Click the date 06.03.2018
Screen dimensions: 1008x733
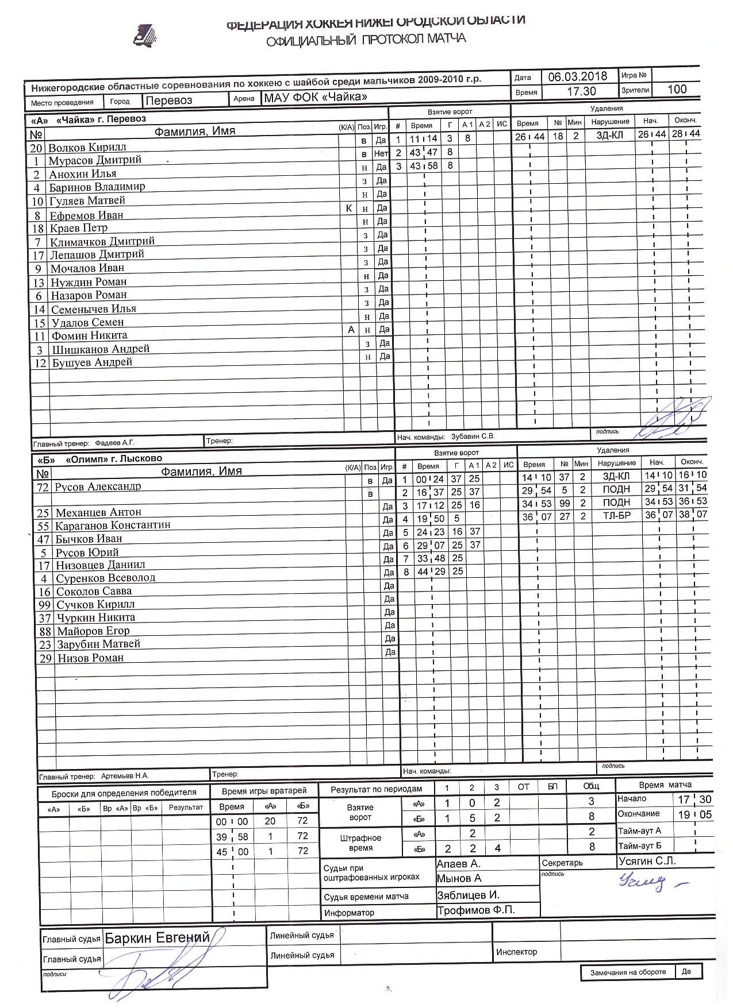[x=577, y=76]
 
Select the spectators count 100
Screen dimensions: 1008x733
[x=677, y=89]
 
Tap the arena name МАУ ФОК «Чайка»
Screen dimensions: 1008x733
[x=314, y=97]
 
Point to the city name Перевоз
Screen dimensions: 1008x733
[x=168, y=100]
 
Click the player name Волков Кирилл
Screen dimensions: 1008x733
[x=87, y=147]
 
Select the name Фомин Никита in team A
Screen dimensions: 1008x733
[x=89, y=335]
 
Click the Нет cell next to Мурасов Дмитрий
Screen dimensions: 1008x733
[x=381, y=153]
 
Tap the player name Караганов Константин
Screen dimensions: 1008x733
[x=113, y=525]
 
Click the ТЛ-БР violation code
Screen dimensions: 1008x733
[x=616, y=516]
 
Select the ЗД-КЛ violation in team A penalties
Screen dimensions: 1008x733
[x=609, y=135]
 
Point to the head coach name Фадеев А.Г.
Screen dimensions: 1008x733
[x=114, y=443]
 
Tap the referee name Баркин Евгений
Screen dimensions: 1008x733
[x=156, y=938]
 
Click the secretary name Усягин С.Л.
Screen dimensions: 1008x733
[x=647, y=861]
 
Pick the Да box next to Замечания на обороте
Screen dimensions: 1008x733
[x=686, y=971]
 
